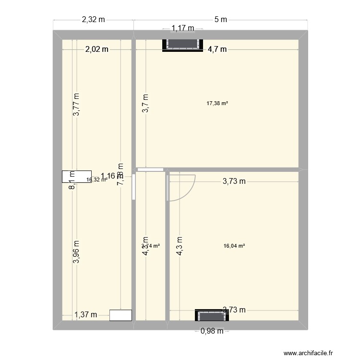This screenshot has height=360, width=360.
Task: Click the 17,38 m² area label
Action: point(216,103)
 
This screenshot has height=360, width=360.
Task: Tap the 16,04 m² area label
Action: point(234,246)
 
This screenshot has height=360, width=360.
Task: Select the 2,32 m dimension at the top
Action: point(93,20)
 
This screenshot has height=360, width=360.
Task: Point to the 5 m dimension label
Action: point(220,20)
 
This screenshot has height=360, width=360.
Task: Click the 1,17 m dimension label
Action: point(182,29)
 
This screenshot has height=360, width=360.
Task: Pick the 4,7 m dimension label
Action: point(217,48)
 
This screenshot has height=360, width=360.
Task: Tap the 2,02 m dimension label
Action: point(97,48)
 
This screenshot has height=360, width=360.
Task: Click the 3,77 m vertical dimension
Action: point(76,105)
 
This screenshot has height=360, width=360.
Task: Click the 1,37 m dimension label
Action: point(86,315)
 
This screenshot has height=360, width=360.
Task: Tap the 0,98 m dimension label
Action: point(212,331)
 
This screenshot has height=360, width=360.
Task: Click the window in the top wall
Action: point(182,44)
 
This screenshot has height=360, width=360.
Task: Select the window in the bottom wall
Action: point(210,315)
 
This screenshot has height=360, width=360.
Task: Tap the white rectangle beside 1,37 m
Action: point(120,315)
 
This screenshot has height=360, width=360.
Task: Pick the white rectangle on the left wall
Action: point(76,177)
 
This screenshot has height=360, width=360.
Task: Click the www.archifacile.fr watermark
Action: point(308,353)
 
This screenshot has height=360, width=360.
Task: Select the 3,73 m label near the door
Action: point(234,181)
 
